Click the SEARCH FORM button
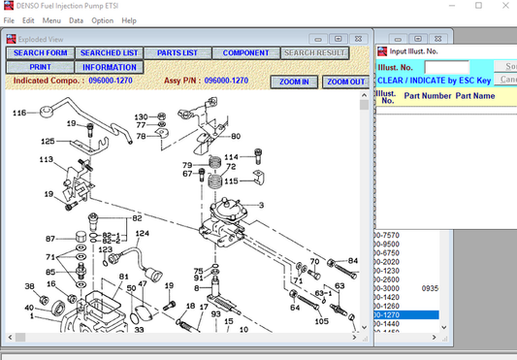coord(41,53)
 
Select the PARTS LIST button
coord(178,53)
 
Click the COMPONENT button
coord(246,53)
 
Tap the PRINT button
coord(41,67)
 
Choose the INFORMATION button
coord(109,67)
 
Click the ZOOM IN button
coord(293,82)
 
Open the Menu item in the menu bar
coord(51,19)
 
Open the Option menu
coord(103,19)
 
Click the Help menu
coord(129,19)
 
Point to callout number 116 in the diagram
coord(19,114)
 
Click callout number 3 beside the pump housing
coord(260,205)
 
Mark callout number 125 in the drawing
coord(48,142)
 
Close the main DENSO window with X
coord(504,6)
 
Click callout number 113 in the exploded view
coord(47,159)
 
